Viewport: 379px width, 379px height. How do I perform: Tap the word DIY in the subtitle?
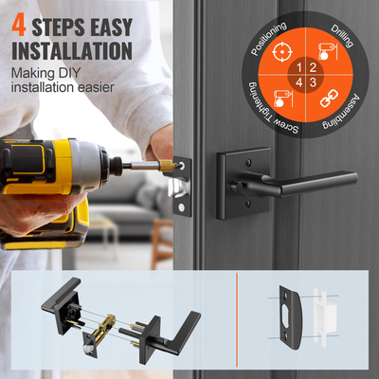80,72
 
